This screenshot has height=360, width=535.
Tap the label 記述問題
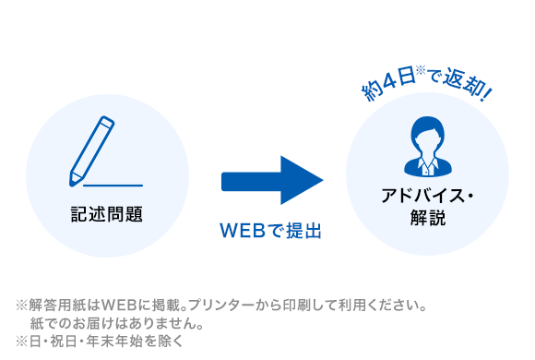[107, 214]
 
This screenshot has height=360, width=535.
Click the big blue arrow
[271, 180]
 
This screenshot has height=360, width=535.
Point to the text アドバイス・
[427, 197]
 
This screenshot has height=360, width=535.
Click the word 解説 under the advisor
[427, 219]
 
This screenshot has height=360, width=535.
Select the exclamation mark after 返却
[486, 92]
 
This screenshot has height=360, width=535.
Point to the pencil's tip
[74, 179]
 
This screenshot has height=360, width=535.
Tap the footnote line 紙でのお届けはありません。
[116, 323]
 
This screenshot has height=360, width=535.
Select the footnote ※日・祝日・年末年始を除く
[100, 341]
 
